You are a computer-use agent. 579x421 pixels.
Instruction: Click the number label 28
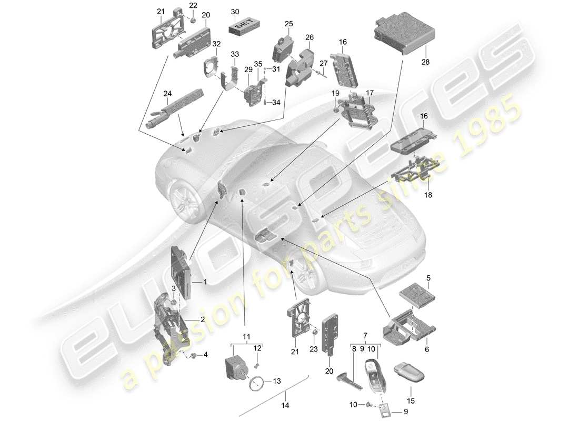pos(425,62)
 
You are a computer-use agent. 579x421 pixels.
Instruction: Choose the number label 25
pos(288,24)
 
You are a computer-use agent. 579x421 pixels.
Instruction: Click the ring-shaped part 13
pos(256,382)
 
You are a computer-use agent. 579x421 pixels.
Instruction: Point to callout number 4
pos(205,355)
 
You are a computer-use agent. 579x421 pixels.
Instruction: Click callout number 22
pos(193,5)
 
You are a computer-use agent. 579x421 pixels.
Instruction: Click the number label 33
pos(235,54)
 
